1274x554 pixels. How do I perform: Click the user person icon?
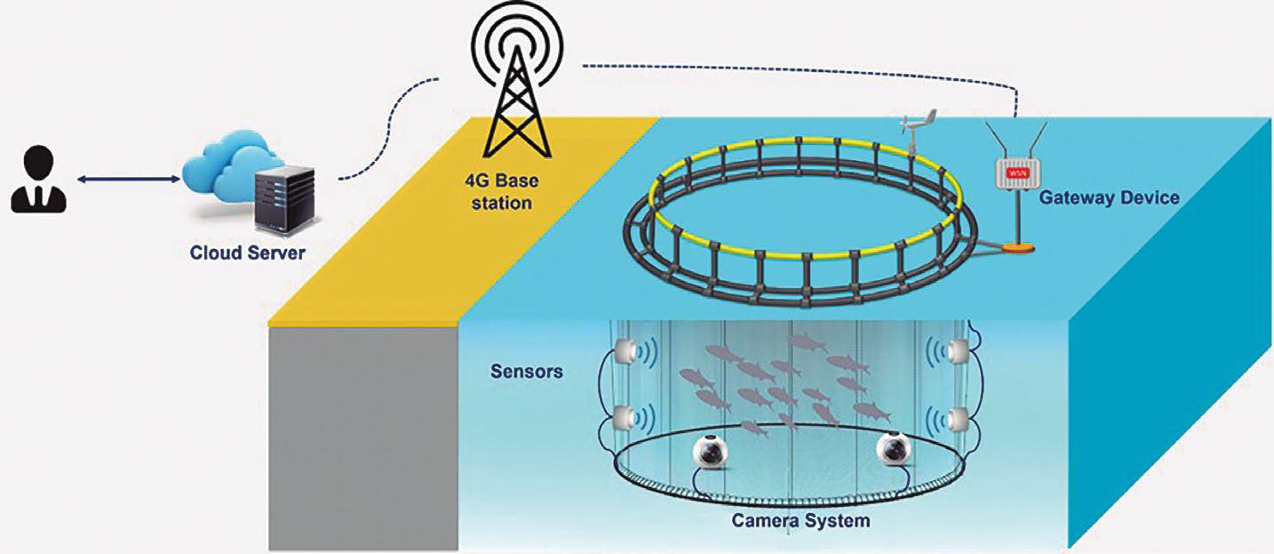point(38,181)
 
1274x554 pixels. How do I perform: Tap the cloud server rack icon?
point(283,197)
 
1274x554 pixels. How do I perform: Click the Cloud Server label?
point(247,253)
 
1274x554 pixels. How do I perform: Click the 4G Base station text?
point(502,192)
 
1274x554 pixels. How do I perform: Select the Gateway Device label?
point(1109,197)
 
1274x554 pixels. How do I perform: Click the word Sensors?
point(526,371)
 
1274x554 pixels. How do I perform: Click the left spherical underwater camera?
point(712,453)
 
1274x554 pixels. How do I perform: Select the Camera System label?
point(800,520)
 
